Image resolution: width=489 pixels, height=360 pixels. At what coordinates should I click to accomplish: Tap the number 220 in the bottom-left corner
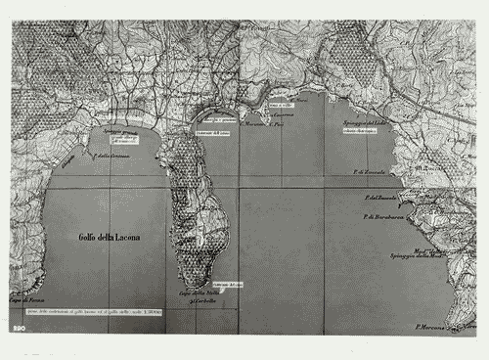pyautogui.click(x=19, y=330)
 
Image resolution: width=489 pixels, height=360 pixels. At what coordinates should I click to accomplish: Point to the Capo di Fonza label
pyautogui.click(x=28, y=300)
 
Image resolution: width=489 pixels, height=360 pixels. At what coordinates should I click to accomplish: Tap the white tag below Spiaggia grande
pyautogui.click(x=122, y=142)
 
